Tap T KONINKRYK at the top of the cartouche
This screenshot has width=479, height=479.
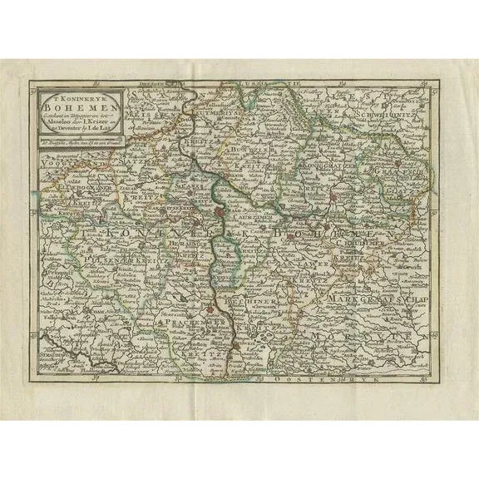71,95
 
